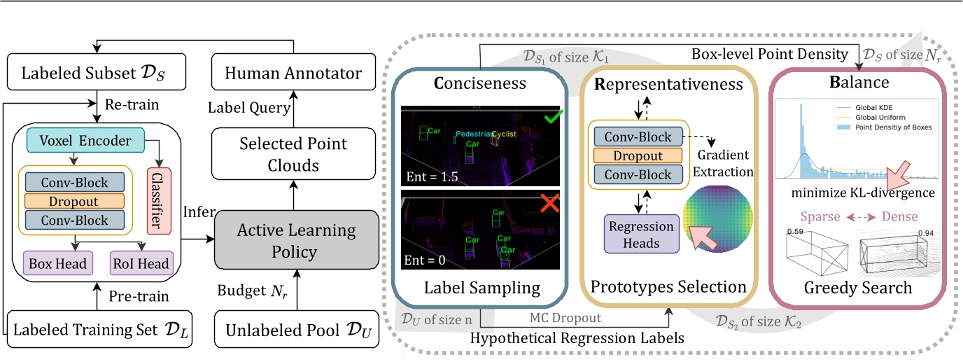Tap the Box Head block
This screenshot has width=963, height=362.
pyautogui.click(x=57, y=264)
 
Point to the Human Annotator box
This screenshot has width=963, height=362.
pyautogui.click(x=295, y=73)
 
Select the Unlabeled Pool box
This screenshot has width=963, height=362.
pyautogui.click(x=295, y=328)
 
